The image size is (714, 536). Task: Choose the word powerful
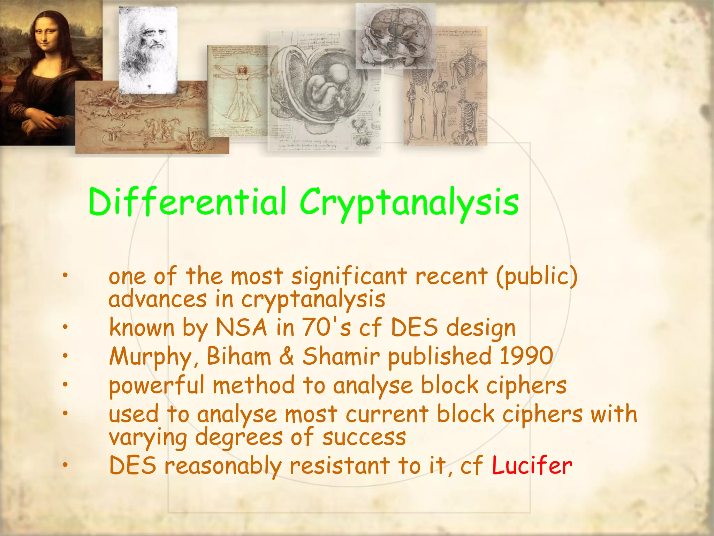(x=157, y=386)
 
